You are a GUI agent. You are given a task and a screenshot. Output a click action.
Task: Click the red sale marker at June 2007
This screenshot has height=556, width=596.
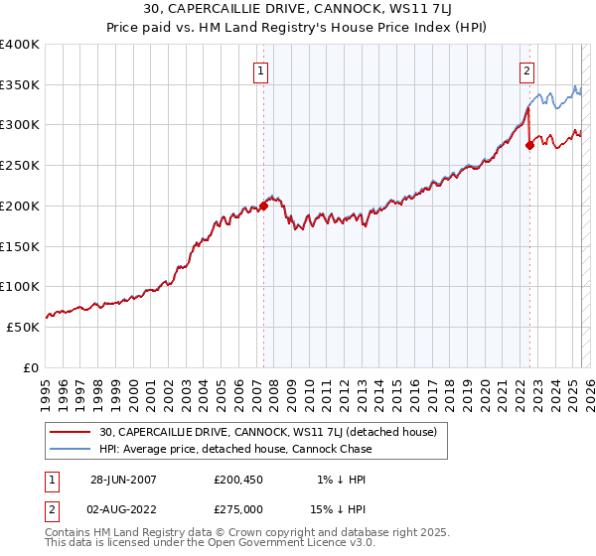pos(264,206)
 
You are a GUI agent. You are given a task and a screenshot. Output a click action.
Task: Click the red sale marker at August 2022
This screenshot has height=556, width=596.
pos(529,145)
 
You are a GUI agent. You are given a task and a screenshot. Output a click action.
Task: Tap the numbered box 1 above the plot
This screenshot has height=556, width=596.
pos(260,70)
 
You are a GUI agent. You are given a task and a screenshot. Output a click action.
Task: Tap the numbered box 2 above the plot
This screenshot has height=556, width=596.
pos(525,70)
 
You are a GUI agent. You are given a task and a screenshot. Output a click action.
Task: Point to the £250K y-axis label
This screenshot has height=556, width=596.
pos(21,166)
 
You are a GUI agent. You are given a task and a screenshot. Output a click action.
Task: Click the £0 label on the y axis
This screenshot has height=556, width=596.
pos(31,367)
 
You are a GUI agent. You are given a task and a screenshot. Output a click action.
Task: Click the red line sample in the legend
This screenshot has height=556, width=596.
pos(71,432)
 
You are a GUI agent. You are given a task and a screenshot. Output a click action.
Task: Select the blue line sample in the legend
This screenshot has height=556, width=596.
pos(71,449)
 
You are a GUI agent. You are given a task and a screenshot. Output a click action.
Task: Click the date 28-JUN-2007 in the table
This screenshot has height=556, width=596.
pos(123,480)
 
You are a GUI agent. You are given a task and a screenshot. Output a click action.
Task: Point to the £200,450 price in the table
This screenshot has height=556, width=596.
pos(239,480)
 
